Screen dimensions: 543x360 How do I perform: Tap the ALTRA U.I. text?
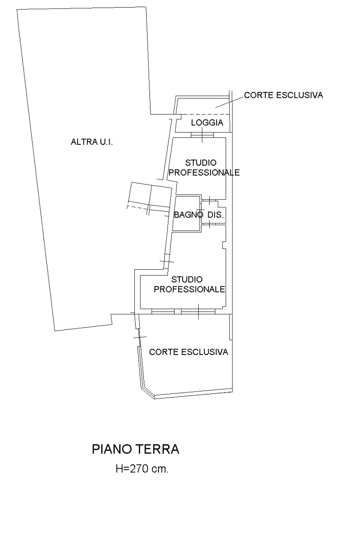click(92, 142)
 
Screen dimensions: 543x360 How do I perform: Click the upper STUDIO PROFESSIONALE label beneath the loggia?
click(204, 168)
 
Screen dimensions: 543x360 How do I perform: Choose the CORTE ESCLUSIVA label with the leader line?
click(283, 95)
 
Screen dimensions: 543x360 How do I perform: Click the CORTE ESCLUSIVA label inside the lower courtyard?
click(189, 352)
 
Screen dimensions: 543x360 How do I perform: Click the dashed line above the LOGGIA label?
click(203, 114)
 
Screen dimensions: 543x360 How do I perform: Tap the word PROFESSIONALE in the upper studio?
click(204, 173)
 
